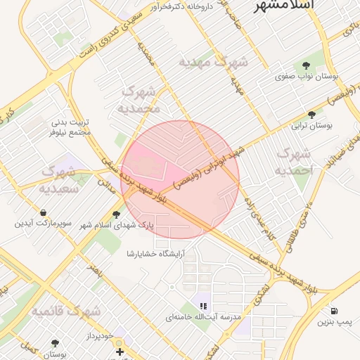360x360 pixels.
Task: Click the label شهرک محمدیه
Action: coord(140,99)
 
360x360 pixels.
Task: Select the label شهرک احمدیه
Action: coord(292,162)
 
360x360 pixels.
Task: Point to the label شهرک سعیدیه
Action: coord(63,179)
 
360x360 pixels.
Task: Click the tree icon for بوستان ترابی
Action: coord(311,115)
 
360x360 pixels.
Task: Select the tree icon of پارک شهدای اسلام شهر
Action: coord(116,214)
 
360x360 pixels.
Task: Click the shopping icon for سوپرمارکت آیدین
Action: coord(44,212)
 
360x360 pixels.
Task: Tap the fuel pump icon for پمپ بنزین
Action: coord(333,311)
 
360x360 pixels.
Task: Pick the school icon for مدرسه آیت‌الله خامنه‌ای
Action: coord(203,306)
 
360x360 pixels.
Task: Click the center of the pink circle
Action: coord(180,180)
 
